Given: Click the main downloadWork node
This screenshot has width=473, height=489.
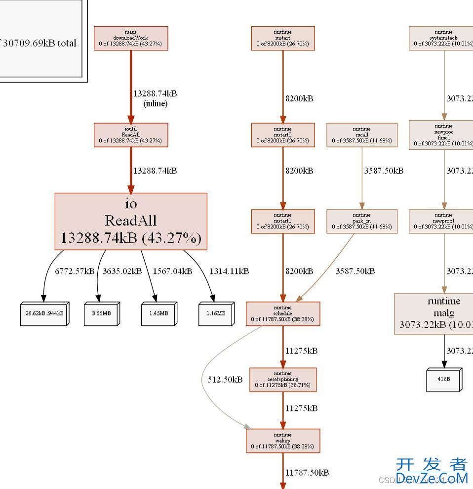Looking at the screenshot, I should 131,38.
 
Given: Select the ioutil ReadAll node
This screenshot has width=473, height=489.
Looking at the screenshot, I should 131,135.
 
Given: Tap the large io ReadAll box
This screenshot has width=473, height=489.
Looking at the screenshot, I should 131,221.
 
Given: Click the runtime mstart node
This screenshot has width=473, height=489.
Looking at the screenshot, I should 282,38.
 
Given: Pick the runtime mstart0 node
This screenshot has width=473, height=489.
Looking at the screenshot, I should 282,135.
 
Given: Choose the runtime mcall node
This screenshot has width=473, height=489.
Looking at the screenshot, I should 361,135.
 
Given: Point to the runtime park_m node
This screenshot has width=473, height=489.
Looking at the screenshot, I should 361,221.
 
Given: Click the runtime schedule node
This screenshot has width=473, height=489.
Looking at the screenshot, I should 282,313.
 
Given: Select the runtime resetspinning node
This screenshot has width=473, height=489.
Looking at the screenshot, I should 282,379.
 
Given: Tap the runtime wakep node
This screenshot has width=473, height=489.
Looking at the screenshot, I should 282,441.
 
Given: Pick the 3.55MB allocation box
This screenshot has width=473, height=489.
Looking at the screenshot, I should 102,313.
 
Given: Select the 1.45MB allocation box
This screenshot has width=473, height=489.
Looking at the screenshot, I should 158,313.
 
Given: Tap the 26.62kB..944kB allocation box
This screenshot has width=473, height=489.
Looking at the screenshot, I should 44,313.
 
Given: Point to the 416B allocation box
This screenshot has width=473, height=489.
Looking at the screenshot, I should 444,379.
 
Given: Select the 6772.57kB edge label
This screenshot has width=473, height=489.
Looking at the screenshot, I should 74,271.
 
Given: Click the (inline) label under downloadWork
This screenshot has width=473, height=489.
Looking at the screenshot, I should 155,104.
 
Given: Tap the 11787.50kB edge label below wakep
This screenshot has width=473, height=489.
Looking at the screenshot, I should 307,472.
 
